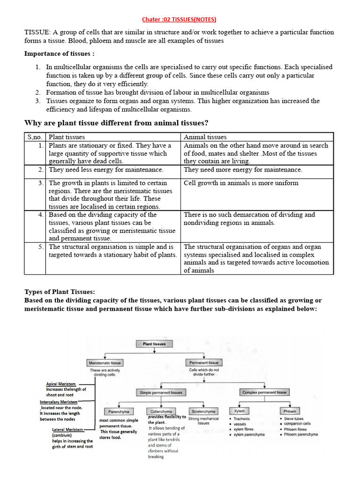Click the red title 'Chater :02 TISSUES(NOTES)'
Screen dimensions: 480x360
[180, 19]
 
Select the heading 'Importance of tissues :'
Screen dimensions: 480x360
[60, 54]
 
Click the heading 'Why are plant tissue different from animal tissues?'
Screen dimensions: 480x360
[116, 123]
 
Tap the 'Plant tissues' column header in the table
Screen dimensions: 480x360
[67, 137]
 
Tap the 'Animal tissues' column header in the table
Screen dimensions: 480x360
[205, 137]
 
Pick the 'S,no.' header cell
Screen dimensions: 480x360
[35, 137]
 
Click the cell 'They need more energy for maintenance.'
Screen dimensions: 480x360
[243, 170]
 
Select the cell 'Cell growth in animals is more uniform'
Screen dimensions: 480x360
[241, 183]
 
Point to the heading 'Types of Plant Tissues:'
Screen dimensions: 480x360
[60, 292]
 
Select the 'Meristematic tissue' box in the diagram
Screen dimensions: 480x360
[105, 363]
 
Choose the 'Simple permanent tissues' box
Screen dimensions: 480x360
[161, 392]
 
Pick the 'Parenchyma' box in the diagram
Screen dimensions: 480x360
[119, 411]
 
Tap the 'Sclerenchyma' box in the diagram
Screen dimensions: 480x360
[203, 411]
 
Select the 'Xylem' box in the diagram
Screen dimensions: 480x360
[239, 411]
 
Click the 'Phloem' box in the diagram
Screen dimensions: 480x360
[290, 411]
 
